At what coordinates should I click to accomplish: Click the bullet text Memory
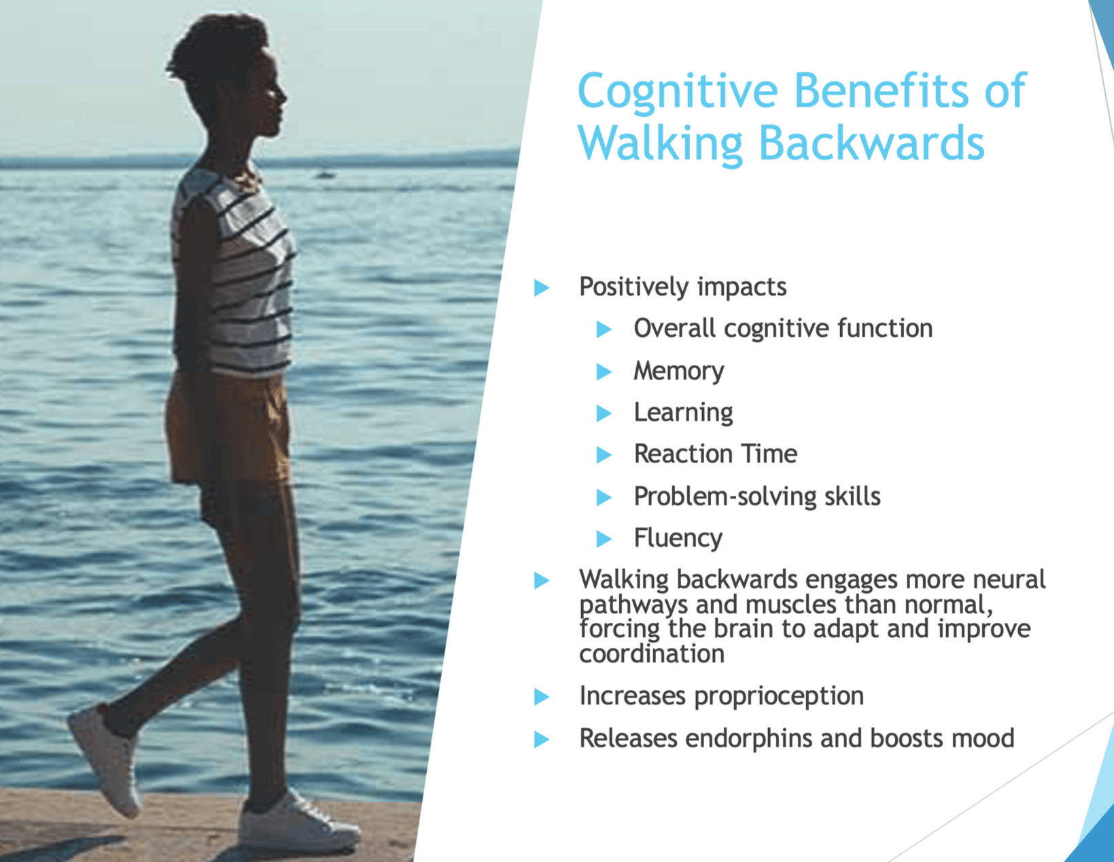click(x=678, y=371)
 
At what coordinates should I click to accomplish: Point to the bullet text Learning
click(x=683, y=413)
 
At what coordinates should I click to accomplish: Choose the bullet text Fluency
click(x=678, y=538)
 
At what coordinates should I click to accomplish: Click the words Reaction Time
click(x=715, y=454)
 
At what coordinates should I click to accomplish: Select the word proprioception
click(x=779, y=696)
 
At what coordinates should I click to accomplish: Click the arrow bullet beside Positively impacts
click(x=541, y=287)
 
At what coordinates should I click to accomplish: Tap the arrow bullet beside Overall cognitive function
click(x=604, y=329)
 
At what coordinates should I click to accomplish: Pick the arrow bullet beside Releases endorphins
click(x=541, y=739)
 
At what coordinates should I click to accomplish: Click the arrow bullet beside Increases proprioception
click(x=541, y=696)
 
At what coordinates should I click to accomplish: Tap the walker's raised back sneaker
click(x=105, y=759)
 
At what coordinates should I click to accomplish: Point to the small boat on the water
click(x=325, y=175)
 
